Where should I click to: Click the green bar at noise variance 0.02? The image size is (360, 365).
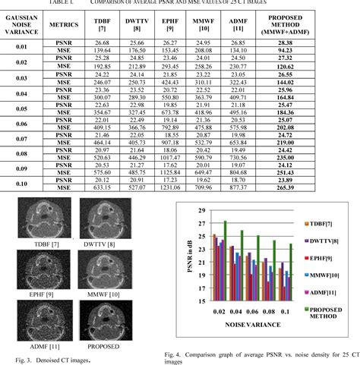point(225,262)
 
